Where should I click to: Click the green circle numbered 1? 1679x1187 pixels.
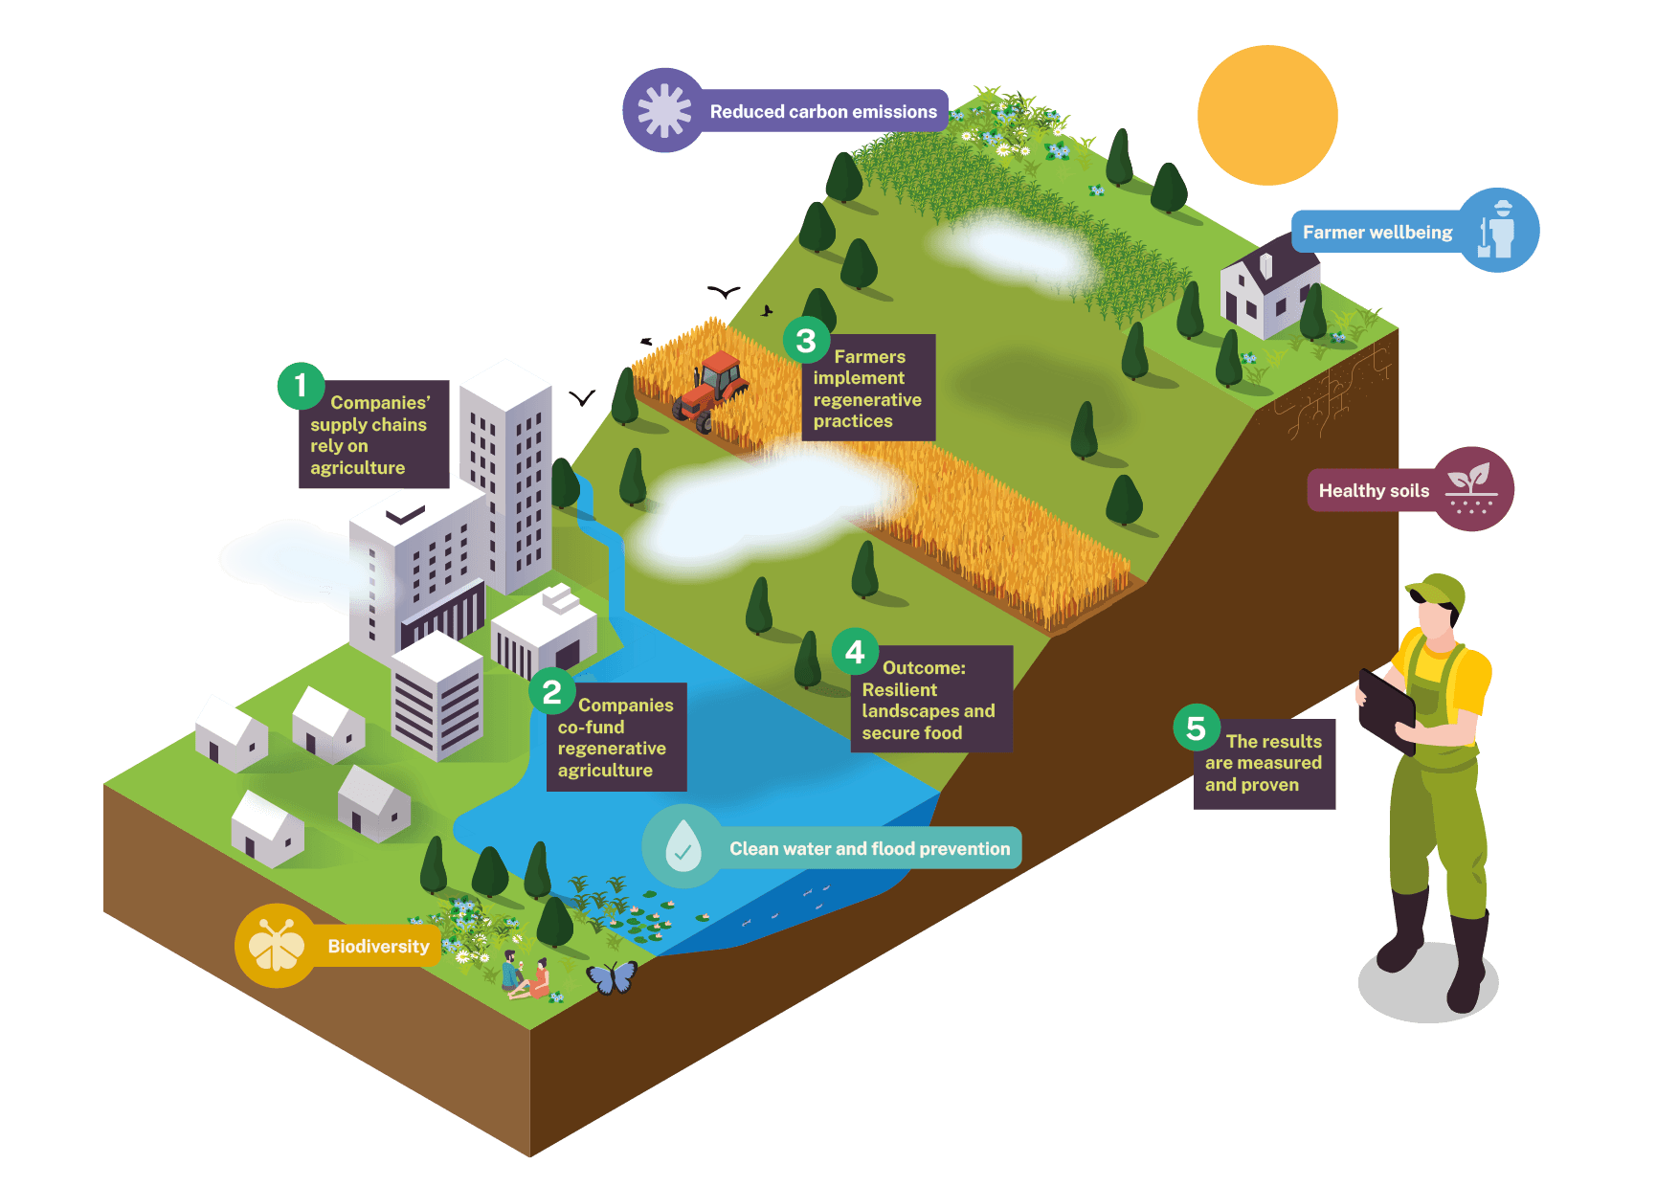[x=301, y=386]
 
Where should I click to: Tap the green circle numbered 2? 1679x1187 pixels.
[x=552, y=691]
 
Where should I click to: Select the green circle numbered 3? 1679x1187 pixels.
[x=806, y=340]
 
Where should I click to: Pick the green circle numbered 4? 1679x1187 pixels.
[x=855, y=652]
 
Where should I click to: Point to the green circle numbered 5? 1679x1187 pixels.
[x=1197, y=728]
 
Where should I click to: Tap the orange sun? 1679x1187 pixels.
[x=1267, y=115]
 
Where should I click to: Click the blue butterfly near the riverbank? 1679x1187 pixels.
[x=612, y=977]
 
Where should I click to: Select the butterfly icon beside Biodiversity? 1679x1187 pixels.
[x=277, y=946]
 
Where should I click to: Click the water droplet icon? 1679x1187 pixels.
[x=683, y=845]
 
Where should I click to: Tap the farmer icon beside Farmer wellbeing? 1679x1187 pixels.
[x=1498, y=231]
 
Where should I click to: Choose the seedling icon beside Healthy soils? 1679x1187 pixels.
[x=1471, y=489]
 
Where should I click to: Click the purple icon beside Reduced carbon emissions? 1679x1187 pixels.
[x=664, y=111]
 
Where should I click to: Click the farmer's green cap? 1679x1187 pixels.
[x=1437, y=591]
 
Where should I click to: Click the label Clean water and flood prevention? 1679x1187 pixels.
[x=870, y=848]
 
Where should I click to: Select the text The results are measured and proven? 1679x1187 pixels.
[x=1264, y=763]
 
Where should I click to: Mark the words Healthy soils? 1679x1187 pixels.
[x=1374, y=491]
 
